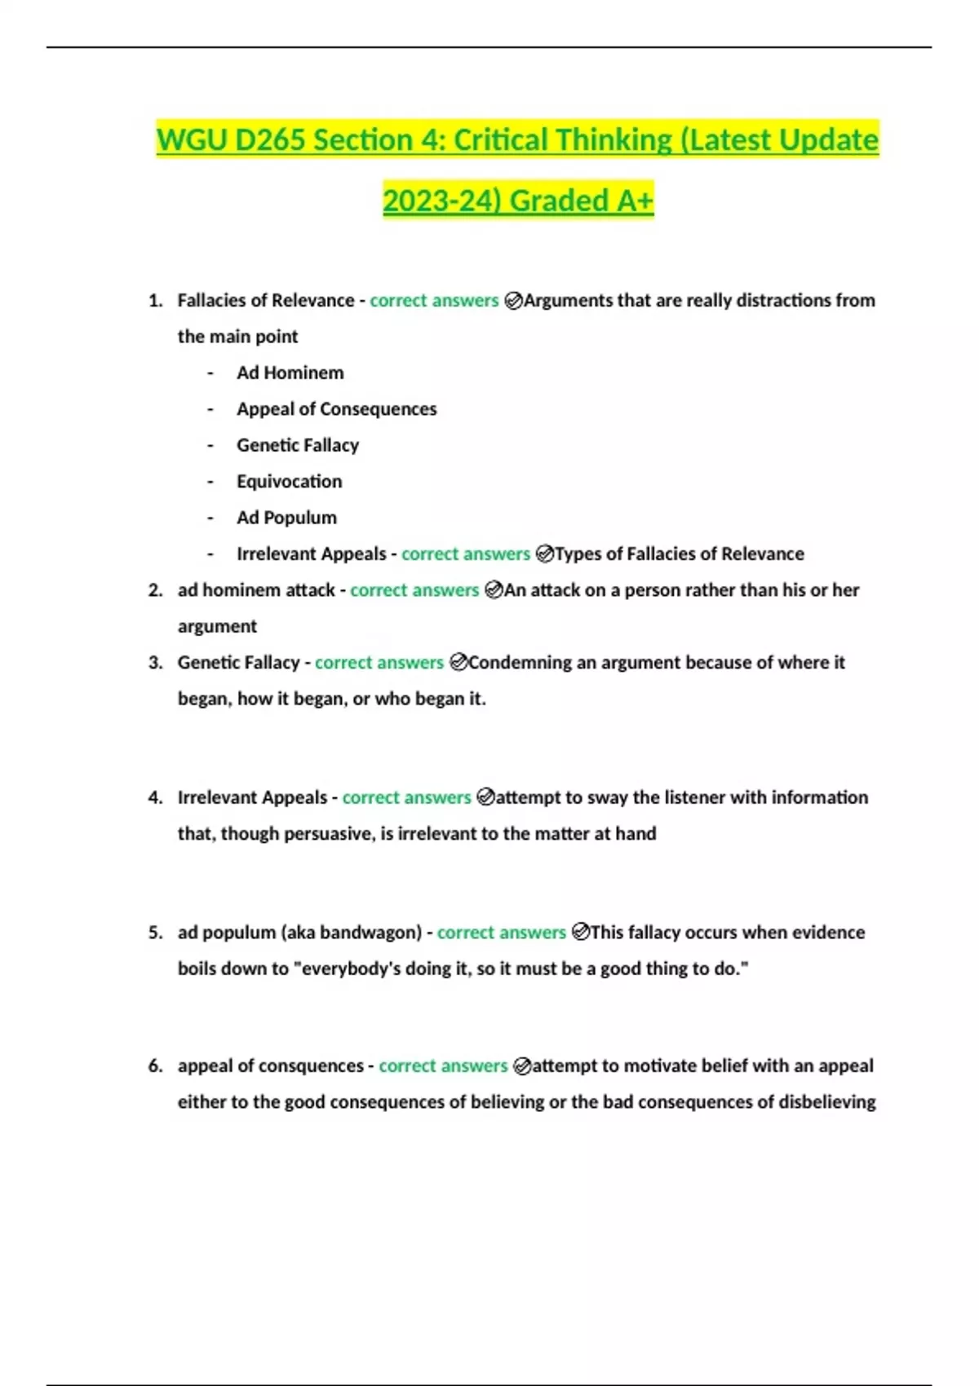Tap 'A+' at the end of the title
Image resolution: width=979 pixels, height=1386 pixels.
point(635,201)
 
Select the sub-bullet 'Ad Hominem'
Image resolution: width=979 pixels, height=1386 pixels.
point(290,373)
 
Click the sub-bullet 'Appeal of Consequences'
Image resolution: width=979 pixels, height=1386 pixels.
point(336,408)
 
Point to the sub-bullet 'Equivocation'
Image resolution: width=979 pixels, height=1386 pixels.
point(289,481)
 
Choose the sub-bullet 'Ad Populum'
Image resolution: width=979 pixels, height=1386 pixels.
point(286,517)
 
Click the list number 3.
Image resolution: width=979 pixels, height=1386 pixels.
point(155,662)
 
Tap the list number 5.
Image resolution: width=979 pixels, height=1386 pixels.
point(155,932)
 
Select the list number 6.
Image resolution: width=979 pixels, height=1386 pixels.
point(155,1066)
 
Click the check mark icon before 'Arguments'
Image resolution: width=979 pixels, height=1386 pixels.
point(513,301)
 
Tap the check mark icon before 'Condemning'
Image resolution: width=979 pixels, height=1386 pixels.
point(458,663)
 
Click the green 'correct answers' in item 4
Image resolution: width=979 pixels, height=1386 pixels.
point(406,797)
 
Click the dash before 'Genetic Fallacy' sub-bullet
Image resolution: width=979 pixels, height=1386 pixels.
point(210,445)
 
